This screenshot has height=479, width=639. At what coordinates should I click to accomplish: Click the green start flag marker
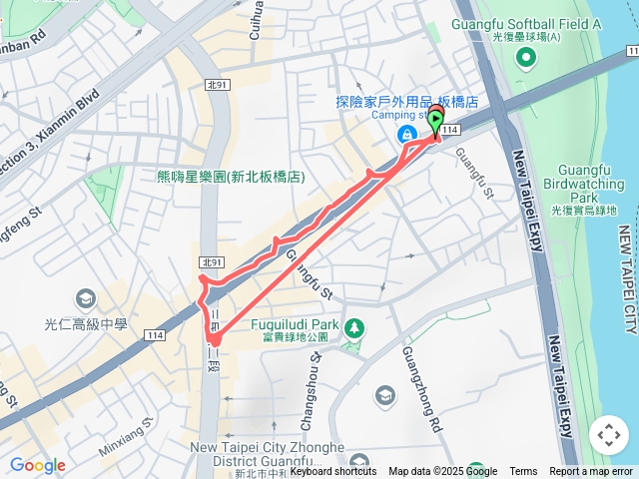click(x=436, y=120)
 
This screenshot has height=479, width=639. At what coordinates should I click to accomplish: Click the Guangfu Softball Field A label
click(x=526, y=24)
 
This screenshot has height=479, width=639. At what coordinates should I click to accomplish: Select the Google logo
click(x=37, y=465)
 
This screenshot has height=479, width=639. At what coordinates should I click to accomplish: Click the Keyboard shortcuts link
click(x=333, y=472)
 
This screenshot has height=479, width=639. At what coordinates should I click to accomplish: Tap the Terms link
click(x=523, y=472)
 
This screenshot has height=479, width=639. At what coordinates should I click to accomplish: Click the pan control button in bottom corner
click(x=608, y=435)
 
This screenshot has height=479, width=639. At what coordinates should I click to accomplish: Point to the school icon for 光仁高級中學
click(x=85, y=298)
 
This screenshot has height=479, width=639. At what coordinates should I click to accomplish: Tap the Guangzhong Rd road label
click(x=420, y=374)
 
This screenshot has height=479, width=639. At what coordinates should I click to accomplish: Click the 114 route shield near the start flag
click(x=450, y=131)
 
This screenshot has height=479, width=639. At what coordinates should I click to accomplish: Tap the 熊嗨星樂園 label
click(x=230, y=177)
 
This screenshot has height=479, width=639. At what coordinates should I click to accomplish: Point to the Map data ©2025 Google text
click(x=442, y=472)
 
